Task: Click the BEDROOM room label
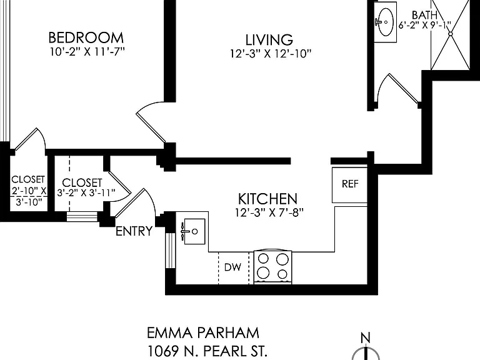tap(86, 37)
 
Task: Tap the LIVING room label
tap(269, 40)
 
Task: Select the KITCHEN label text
tap(267, 199)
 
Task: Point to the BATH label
tap(424, 15)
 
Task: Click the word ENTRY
tap(134, 231)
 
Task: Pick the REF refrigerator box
tap(349, 185)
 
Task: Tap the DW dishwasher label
tap(232, 267)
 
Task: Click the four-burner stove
tap(272, 267)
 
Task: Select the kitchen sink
tap(194, 231)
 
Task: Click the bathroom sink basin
tap(386, 22)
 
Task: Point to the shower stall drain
tap(450, 34)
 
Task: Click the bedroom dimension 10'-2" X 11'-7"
tap(87, 51)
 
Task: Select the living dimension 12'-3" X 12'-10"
tap(271, 54)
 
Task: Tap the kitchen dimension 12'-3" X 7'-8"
tap(269, 212)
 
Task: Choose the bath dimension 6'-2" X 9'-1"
tap(424, 25)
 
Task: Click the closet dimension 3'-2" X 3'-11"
tap(86, 192)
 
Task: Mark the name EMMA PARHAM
tap(203, 333)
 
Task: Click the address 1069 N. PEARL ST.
tap(207, 351)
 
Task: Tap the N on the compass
tap(365, 338)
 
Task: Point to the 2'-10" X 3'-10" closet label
tap(29, 191)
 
